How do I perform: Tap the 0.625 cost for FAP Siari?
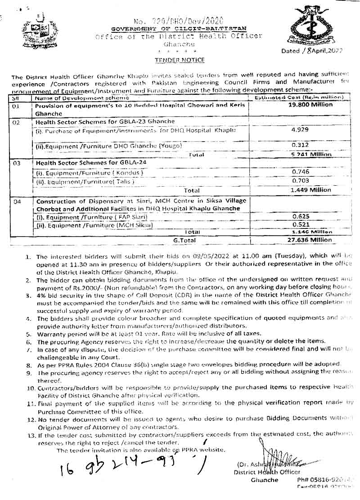coord(299,216)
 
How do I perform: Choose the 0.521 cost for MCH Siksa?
coord(299,224)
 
